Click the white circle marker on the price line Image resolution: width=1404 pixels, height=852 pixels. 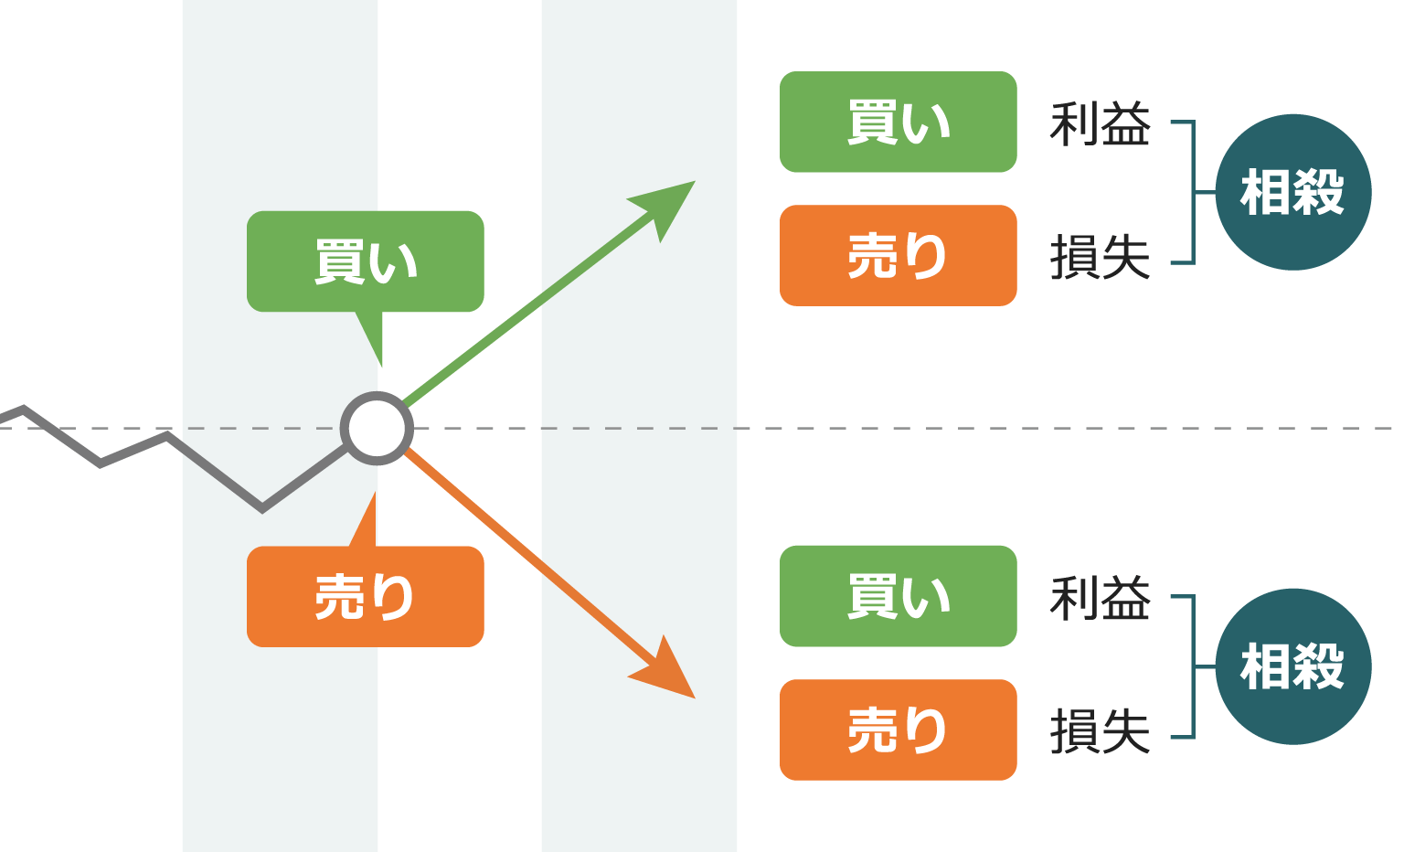pyautogui.click(x=377, y=428)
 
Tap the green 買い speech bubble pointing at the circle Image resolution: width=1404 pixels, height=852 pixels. pyautogui.click(x=365, y=261)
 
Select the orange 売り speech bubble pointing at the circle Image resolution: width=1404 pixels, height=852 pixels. pyautogui.click(x=365, y=597)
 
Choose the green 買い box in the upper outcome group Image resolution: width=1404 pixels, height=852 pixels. pyautogui.click(x=898, y=122)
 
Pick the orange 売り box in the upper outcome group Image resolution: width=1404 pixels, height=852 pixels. pyautogui.click(x=898, y=255)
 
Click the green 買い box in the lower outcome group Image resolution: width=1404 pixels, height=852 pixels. pyautogui.click(x=898, y=596)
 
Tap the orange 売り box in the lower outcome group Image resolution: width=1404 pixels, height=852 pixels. pyautogui.click(x=898, y=730)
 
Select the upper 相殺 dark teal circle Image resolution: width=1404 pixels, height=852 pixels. pyautogui.click(x=1292, y=192)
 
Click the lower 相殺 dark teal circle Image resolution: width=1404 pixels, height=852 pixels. pyautogui.click(x=1292, y=666)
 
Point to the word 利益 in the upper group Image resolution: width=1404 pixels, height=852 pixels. pyautogui.click(x=1100, y=124)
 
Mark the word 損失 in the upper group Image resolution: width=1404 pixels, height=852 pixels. pyautogui.click(x=1100, y=257)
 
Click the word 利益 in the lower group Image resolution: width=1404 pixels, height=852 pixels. pyautogui.click(x=1100, y=599)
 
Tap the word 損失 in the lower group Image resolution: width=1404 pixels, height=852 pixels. pyautogui.click(x=1100, y=731)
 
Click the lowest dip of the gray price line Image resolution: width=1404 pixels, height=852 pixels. pyautogui.click(x=262, y=507)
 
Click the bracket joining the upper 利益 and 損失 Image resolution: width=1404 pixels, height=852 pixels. pyautogui.click(x=1193, y=192)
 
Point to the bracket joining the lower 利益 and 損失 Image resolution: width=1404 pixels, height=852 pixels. pyautogui.click(x=1193, y=666)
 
